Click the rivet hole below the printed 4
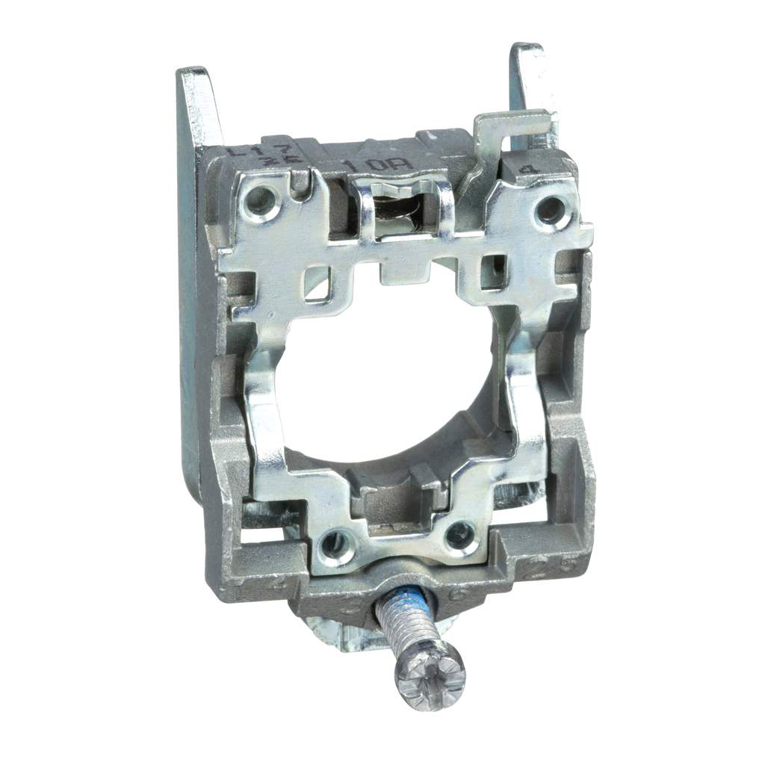pyautogui.click(x=550, y=210)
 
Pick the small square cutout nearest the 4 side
pyautogui.click(x=492, y=270)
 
